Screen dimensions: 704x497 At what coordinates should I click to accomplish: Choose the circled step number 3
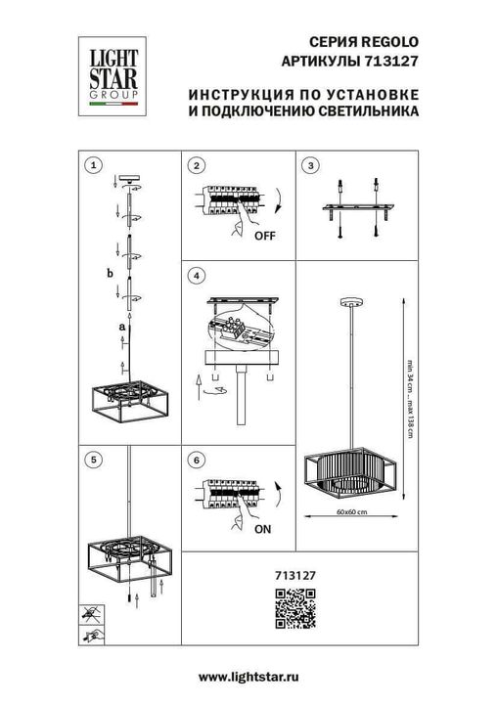[310, 165]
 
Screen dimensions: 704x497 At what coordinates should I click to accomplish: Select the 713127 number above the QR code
[289, 577]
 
